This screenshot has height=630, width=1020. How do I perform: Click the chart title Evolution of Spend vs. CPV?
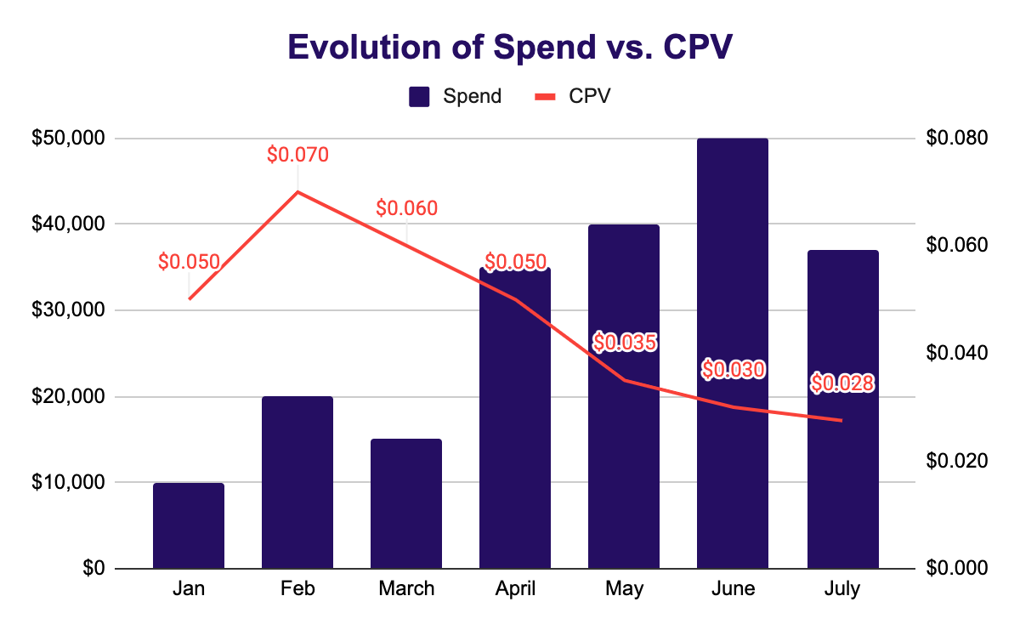pos(510,47)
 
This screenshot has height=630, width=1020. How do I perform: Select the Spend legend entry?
pos(456,96)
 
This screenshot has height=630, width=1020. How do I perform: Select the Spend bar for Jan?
pos(189,526)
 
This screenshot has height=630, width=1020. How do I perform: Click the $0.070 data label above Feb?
pos(297,155)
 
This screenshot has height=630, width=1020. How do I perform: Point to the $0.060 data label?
pos(406,208)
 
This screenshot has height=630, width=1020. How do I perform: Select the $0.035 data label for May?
pos(625,343)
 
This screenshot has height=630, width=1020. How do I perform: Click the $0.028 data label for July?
pos(842,384)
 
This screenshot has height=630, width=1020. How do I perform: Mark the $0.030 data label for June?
pos(733,369)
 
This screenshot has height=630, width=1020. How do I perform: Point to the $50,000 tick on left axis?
pos(68,138)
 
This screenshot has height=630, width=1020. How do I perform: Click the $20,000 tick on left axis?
pos(68,396)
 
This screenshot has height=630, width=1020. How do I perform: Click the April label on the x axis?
pos(515,589)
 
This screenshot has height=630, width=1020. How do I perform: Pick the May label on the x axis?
pos(624,589)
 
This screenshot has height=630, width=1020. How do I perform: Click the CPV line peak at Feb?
pos(297,191)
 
